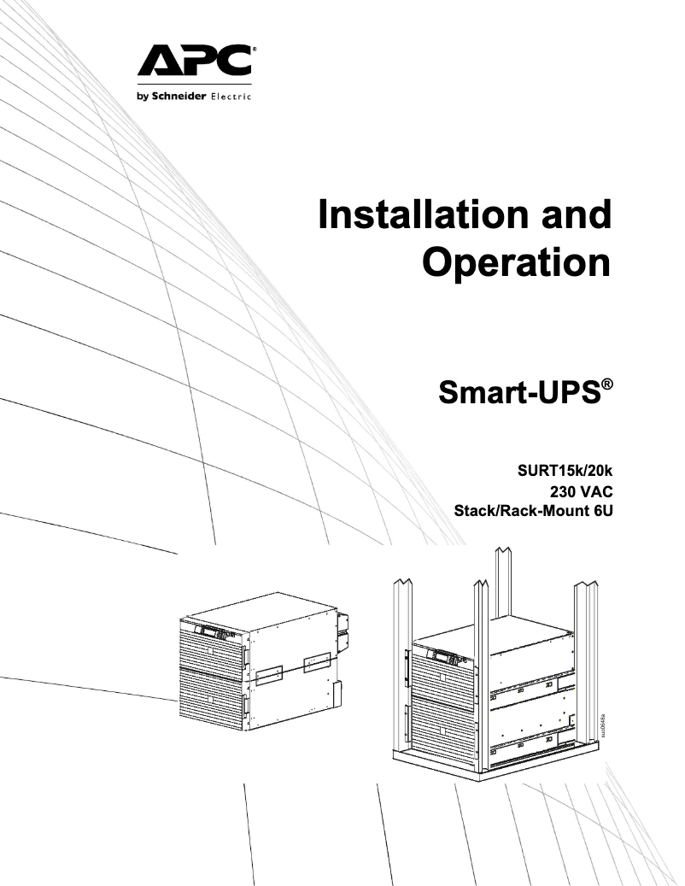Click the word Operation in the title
(x=518, y=262)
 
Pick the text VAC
(x=594, y=491)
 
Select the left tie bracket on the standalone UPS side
(x=268, y=673)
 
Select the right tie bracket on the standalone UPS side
(x=316, y=661)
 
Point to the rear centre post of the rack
(x=504, y=581)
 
